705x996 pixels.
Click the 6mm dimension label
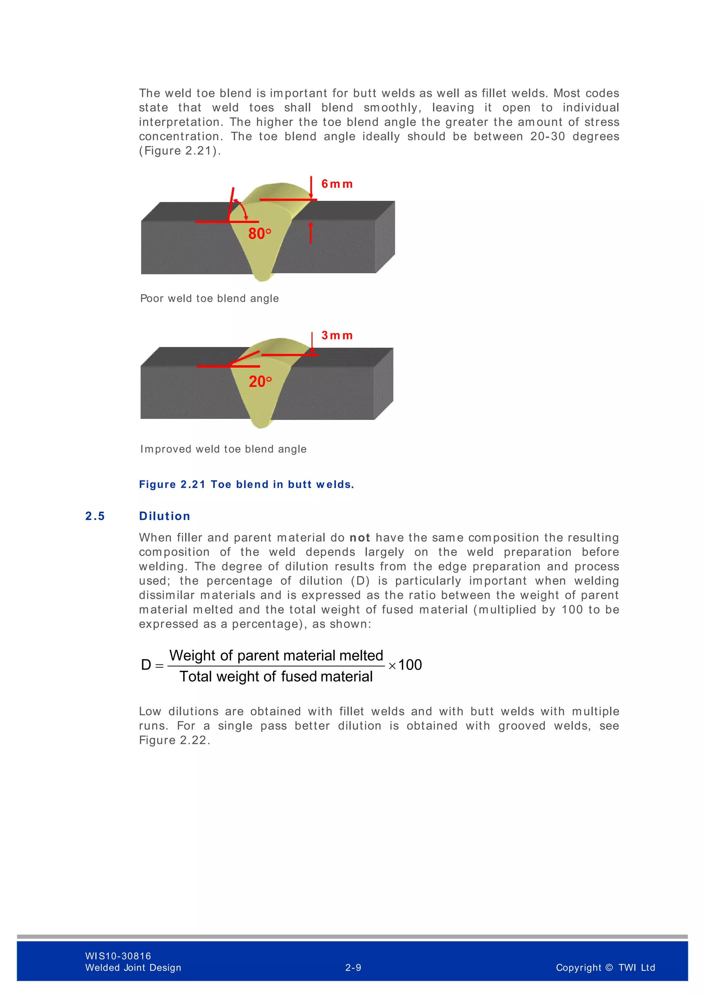pyautogui.click(x=337, y=184)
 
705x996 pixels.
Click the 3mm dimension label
pyautogui.click(x=337, y=335)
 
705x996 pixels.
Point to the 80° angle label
pyautogui.click(x=259, y=234)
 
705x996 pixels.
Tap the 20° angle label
pyautogui.click(x=260, y=382)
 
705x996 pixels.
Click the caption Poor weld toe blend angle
pyautogui.click(x=209, y=299)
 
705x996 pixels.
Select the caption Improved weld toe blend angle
pyautogui.click(x=223, y=449)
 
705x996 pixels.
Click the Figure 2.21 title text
pyautogui.click(x=246, y=485)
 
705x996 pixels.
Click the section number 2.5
pyautogui.click(x=95, y=516)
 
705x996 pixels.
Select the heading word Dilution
pyautogui.click(x=165, y=516)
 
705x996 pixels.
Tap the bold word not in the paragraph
pyautogui.click(x=359, y=538)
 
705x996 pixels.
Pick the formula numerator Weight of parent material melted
pyautogui.click(x=276, y=656)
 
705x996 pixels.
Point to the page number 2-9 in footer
pyautogui.click(x=353, y=968)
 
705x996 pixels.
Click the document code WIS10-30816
pyautogui.click(x=118, y=956)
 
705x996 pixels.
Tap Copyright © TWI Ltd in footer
pyautogui.click(x=605, y=968)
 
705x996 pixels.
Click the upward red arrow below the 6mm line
pyautogui.click(x=311, y=232)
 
